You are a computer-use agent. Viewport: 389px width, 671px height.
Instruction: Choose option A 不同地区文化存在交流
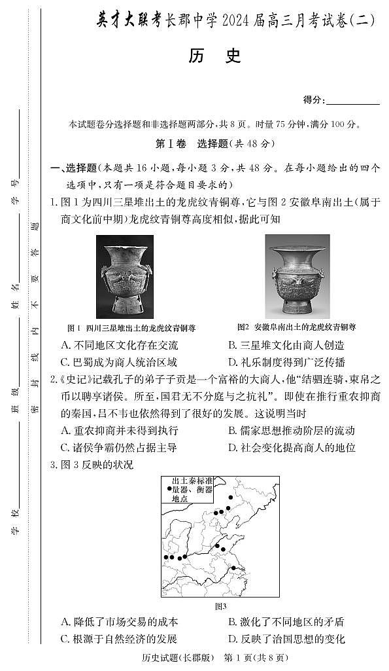click(119, 345)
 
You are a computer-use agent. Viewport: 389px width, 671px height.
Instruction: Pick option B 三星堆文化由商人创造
click(286, 345)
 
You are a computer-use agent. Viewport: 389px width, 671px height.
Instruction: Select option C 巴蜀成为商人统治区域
click(119, 362)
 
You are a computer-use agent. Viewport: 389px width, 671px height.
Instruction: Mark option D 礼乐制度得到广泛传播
click(286, 362)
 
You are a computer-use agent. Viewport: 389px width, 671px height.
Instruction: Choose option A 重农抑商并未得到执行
click(119, 431)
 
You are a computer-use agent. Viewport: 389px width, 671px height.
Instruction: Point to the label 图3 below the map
click(220, 606)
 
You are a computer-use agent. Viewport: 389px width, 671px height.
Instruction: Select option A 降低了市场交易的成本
click(119, 622)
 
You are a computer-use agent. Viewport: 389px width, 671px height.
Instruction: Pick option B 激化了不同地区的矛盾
click(286, 622)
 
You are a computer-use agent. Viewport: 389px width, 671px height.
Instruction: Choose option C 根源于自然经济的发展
click(119, 639)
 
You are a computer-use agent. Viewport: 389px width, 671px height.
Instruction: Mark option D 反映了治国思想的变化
click(286, 639)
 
